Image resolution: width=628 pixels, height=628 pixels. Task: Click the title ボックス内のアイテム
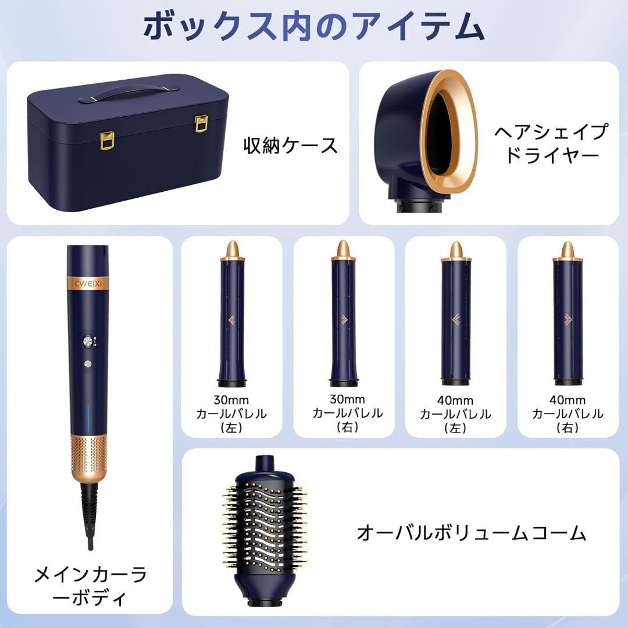pyautogui.click(x=314, y=27)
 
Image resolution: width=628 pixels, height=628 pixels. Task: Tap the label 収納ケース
pyautogui.click(x=290, y=145)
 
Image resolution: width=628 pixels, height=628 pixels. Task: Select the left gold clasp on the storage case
pyautogui.click(x=108, y=140)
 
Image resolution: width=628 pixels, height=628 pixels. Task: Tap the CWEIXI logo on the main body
pyautogui.click(x=87, y=283)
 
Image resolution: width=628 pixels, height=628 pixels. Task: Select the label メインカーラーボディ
pyautogui.click(x=90, y=586)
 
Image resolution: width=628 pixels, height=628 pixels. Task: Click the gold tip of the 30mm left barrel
pyautogui.click(x=231, y=249)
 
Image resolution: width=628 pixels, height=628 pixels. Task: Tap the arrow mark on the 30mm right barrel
pyautogui.click(x=343, y=318)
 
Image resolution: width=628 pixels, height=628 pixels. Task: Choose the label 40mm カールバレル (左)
pyautogui.click(x=455, y=414)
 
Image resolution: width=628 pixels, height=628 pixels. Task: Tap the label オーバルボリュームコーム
pyautogui.click(x=471, y=532)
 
